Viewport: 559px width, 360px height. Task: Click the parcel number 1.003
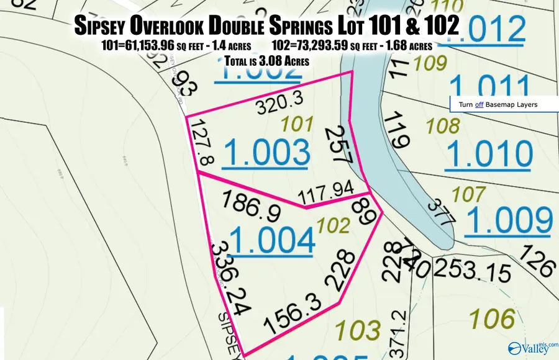click(x=266, y=153)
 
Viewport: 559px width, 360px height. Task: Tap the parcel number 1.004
click(x=271, y=241)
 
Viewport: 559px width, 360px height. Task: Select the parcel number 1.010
click(x=489, y=154)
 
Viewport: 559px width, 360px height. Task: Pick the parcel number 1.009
click(x=509, y=220)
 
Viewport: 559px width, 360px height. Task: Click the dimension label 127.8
click(x=203, y=143)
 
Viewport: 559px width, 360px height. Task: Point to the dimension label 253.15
click(x=472, y=271)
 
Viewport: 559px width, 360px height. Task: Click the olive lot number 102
click(x=333, y=224)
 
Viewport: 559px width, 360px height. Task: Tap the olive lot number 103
click(x=357, y=328)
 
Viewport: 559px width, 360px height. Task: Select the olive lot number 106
click(x=492, y=319)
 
